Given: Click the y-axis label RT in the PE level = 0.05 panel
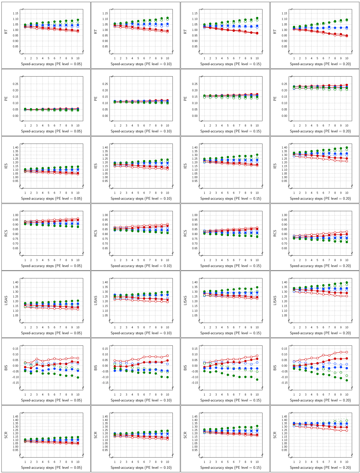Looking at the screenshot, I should click(6, 32).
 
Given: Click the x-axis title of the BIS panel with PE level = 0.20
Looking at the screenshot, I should click(320, 400).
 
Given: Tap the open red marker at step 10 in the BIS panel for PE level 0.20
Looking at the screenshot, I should click(346, 352).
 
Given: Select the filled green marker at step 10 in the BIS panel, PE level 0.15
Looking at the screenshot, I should click(257, 380).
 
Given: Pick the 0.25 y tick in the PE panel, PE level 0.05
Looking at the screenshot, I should click(15, 84).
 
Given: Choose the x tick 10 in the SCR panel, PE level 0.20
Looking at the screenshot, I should click(346, 462).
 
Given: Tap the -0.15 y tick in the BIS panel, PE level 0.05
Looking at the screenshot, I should click(15, 383).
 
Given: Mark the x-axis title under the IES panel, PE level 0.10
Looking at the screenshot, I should click(141, 198).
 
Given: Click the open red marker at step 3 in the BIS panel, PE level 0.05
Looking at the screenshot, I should click(37, 359).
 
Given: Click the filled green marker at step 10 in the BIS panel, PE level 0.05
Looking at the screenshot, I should click(78, 377).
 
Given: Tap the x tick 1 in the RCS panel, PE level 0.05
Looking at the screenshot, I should click(25, 260).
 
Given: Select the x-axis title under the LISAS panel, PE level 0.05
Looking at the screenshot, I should click(51, 333).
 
